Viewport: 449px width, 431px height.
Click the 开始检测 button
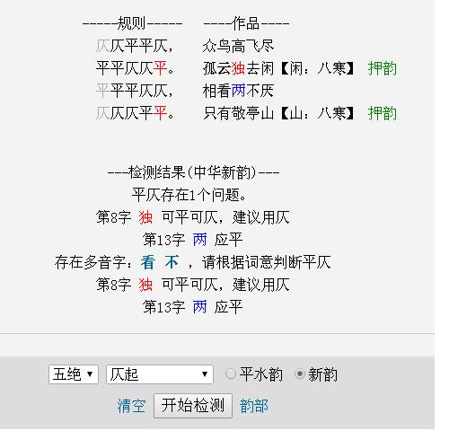point(193,406)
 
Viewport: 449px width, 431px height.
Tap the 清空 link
point(131,406)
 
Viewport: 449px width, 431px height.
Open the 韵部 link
point(254,406)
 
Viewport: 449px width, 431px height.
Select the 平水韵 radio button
point(230,374)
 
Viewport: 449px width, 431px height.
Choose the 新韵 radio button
point(300,374)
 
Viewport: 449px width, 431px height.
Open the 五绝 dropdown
point(74,374)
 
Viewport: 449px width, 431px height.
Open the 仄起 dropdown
point(160,374)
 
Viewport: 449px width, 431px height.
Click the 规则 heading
point(131,23)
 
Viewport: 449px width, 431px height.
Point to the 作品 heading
point(246,23)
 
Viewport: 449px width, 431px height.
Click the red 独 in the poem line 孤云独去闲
point(238,68)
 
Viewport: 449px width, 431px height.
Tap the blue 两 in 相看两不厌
point(238,91)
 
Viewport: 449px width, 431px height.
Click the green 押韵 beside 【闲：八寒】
point(383,68)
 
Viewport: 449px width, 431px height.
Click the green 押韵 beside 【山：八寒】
point(383,113)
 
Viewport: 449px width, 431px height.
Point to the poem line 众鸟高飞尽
point(238,46)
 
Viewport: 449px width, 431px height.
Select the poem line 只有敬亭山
point(238,113)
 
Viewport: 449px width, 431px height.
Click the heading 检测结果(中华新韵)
point(193,172)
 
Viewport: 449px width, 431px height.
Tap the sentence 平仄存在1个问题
point(189,195)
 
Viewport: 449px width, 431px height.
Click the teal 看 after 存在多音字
point(148,262)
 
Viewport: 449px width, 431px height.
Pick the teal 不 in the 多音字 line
point(172,262)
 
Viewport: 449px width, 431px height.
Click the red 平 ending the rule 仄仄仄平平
point(160,113)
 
